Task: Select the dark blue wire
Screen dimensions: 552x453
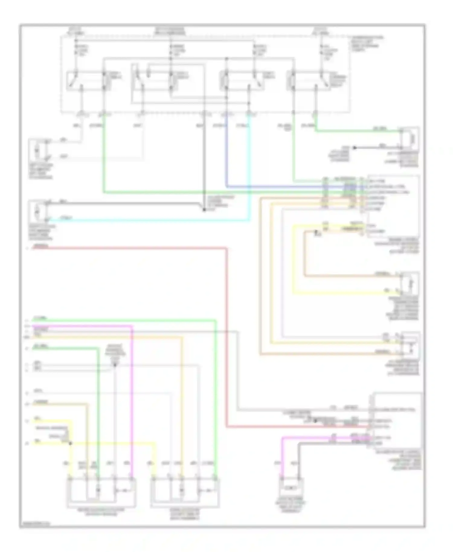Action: [226, 157]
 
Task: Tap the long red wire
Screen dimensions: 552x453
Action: [226, 332]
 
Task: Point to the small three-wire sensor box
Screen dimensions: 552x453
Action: [410, 344]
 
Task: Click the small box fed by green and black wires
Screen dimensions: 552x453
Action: [410, 139]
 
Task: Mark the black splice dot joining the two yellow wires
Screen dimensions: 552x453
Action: [70, 443]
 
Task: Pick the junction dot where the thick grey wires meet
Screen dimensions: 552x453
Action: [204, 209]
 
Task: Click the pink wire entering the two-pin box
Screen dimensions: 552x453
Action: [282, 459]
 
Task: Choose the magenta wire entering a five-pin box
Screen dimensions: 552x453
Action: [132, 393]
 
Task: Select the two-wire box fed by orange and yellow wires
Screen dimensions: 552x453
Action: [410, 283]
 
